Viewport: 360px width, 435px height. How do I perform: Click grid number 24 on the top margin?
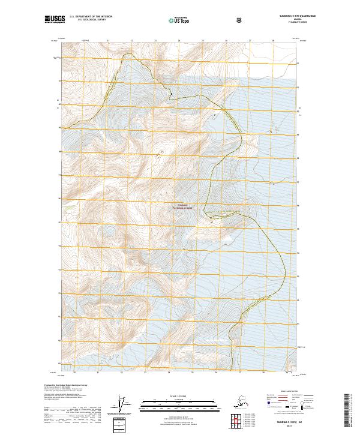coord(179,41)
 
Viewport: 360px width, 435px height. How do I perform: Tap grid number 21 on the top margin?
coord(108,41)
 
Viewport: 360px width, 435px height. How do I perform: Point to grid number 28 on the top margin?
coord(273,41)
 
